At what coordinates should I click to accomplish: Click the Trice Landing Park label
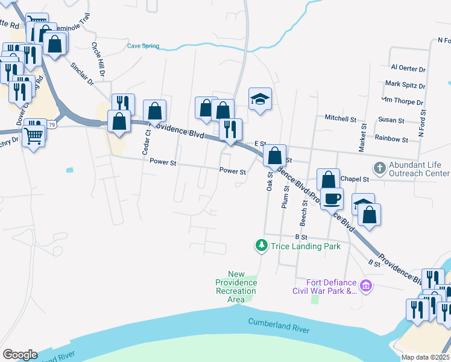[306, 246]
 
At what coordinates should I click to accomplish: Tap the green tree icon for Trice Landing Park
[261, 246]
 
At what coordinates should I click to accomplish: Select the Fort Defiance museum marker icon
[365, 285]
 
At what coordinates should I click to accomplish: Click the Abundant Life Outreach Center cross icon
[380, 167]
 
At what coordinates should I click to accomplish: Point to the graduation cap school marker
[260, 99]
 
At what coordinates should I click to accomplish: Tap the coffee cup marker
[331, 198]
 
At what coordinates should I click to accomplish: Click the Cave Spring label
[143, 46]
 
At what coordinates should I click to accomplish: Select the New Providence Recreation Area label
[236, 287]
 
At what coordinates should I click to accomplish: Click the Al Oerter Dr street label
[408, 69]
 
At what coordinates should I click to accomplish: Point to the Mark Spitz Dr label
[405, 84]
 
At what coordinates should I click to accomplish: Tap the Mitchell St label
[341, 118]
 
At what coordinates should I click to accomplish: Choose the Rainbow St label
[392, 139]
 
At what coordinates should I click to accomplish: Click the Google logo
[19, 355]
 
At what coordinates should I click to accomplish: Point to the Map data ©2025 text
[425, 357]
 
